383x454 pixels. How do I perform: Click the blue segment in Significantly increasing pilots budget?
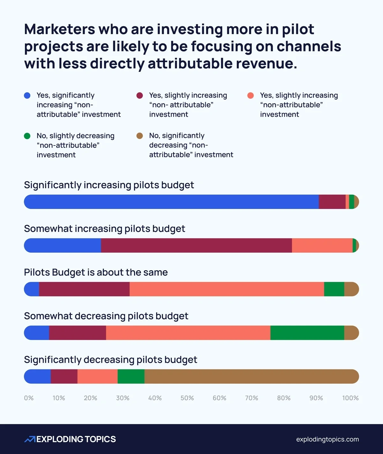pyautogui.click(x=171, y=202)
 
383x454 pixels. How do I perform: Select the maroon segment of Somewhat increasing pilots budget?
pyautogui.click(x=196, y=245)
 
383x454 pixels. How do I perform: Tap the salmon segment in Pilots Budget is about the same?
pyautogui.click(x=227, y=289)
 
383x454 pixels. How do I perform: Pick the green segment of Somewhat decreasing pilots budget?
pyautogui.click(x=307, y=333)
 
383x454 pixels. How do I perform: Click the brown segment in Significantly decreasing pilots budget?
pyautogui.click(x=252, y=376)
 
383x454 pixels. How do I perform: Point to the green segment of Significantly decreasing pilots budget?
pyautogui.click(x=131, y=376)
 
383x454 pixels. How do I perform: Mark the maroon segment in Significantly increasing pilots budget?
pyautogui.click(x=332, y=202)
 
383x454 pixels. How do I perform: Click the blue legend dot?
pyautogui.click(x=27, y=95)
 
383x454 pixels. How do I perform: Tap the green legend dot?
pyautogui.click(x=27, y=136)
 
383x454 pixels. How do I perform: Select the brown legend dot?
pyautogui.click(x=139, y=136)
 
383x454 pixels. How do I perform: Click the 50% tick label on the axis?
pyautogui.click(x=187, y=398)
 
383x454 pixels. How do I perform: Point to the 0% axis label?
pyautogui.click(x=29, y=398)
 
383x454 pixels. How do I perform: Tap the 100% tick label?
pyautogui.click(x=350, y=398)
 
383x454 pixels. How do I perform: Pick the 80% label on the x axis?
pyautogui.click(x=284, y=398)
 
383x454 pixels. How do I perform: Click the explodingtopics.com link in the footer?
pyautogui.click(x=327, y=439)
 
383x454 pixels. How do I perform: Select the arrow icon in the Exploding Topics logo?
pyautogui.click(x=30, y=439)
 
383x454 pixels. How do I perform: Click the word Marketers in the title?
pyautogui.click(x=59, y=29)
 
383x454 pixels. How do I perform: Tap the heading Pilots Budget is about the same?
pyautogui.click(x=96, y=272)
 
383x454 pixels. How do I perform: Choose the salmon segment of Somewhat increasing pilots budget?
pyautogui.click(x=322, y=245)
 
